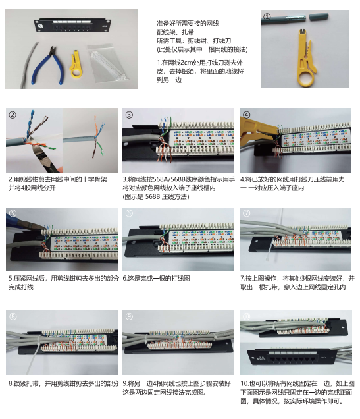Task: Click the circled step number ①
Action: point(267,16)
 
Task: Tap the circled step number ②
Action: point(13,115)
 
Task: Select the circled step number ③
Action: point(130,115)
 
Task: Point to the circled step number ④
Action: point(247,115)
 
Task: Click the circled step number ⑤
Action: point(13,213)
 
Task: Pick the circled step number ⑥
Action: point(130,213)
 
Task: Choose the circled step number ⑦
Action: point(247,213)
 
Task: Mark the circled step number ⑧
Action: point(13,316)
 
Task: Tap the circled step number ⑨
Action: point(130,316)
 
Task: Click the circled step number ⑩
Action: point(247,316)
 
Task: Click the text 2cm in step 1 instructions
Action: point(179,62)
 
